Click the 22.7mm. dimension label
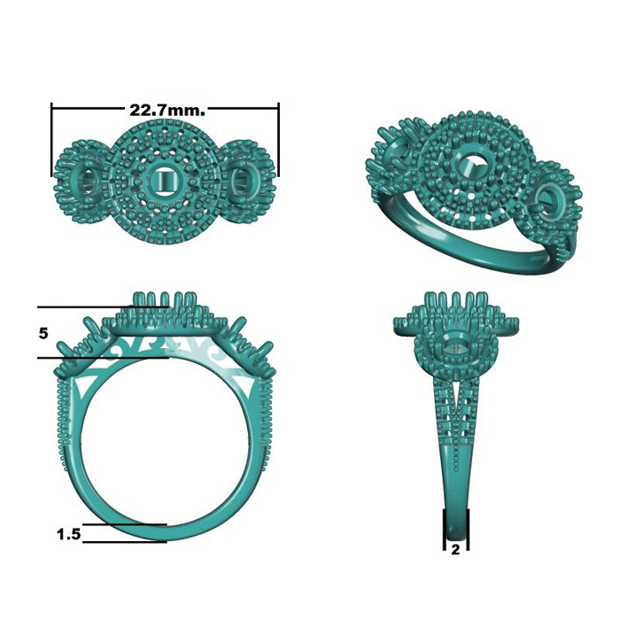[x=167, y=111]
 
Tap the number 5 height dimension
[x=43, y=333]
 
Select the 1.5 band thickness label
[x=69, y=535]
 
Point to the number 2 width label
[x=455, y=550]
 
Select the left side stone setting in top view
[x=87, y=181]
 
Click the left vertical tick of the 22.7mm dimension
[x=51, y=140]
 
